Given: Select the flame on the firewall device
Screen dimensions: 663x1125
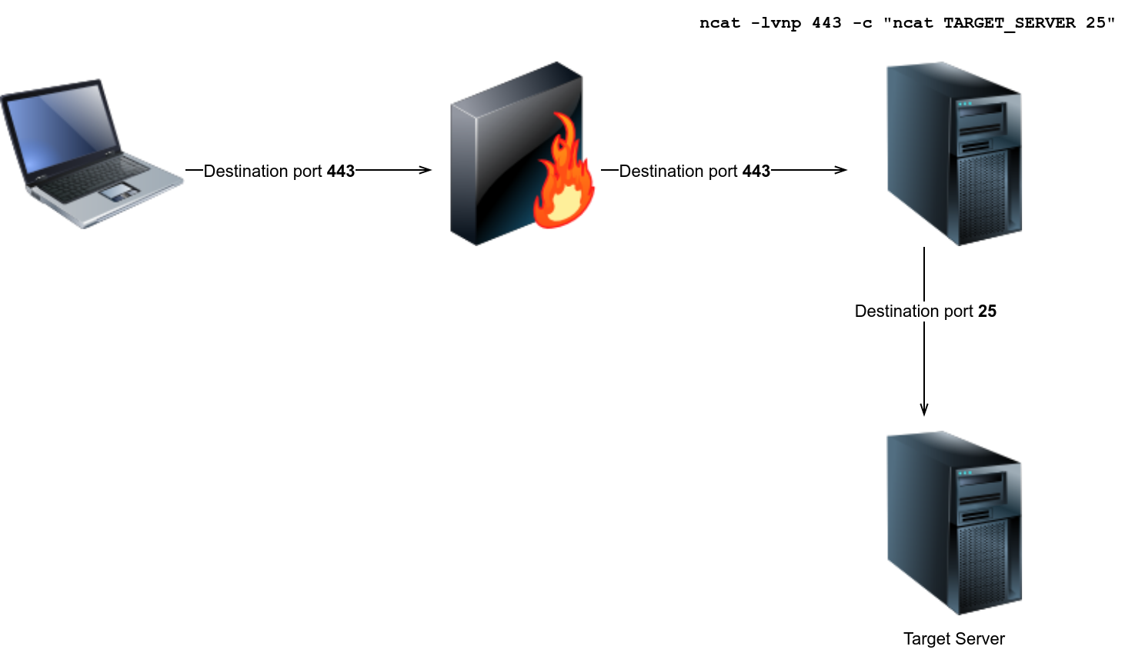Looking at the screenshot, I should (565, 182).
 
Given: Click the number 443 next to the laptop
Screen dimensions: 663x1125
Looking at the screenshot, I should (340, 171).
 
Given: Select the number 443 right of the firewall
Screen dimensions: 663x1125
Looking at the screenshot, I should (756, 171).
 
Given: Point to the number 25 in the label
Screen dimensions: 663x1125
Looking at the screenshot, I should (986, 311).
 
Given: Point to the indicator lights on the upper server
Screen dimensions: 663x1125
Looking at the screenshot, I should (965, 103).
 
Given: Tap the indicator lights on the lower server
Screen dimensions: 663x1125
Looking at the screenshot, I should (965, 472).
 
